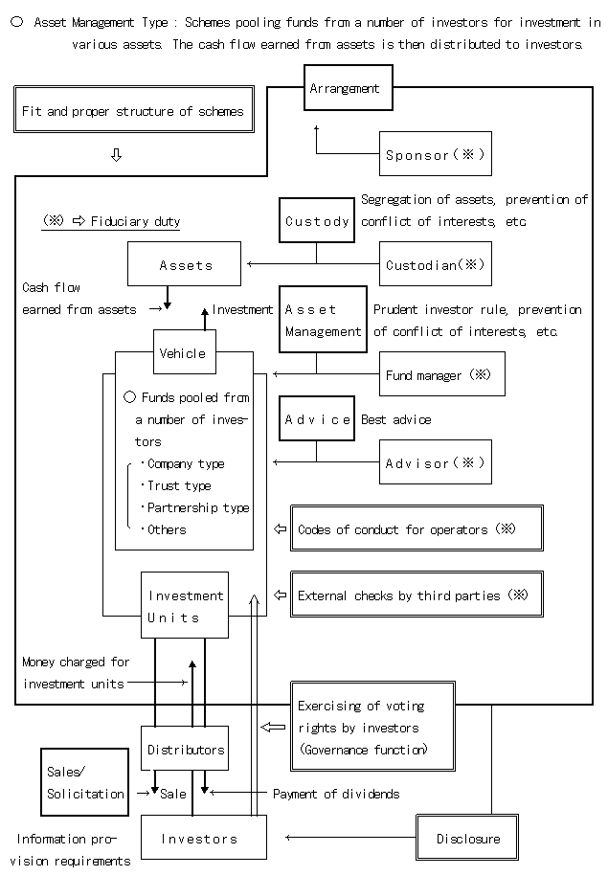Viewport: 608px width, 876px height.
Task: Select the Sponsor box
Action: click(435, 154)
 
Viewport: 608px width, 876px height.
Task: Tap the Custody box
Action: click(317, 221)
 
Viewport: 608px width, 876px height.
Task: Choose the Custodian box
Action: click(435, 264)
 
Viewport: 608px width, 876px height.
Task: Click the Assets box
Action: click(184, 264)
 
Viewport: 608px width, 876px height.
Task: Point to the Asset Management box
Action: click(323, 321)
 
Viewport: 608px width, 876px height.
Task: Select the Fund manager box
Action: click(441, 375)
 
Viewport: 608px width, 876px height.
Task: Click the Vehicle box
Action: click(182, 353)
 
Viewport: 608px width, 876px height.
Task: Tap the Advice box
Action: click(317, 419)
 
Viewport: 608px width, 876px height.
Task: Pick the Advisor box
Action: click(435, 462)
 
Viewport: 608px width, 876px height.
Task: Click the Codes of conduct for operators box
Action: click(417, 528)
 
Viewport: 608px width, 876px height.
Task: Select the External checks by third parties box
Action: click(417, 595)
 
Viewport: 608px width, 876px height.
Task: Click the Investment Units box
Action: click(185, 605)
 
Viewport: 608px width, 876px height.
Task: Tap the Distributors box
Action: click(185, 749)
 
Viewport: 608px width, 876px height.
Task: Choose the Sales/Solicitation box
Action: click(84, 782)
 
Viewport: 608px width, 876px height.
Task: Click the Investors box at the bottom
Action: click(198, 838)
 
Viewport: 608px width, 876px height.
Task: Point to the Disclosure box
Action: click(467, 838)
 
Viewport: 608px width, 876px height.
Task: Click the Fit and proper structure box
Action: click(133, 110)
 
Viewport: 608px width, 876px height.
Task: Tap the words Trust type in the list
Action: click(179, 485)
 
